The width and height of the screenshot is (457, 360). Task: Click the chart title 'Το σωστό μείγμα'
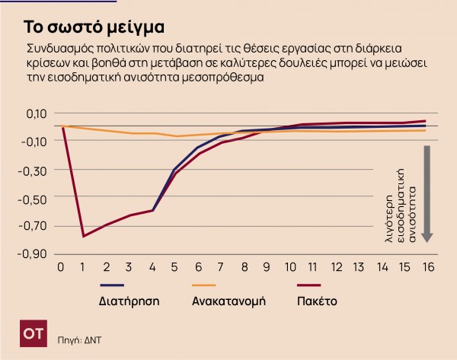93,28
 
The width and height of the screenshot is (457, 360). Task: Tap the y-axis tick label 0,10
35,113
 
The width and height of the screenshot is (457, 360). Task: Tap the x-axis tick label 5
175,268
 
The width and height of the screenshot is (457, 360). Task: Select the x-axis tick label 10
289,268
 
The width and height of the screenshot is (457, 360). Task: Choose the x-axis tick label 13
358,268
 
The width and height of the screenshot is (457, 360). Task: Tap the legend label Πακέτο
316,301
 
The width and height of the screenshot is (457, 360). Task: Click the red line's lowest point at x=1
84,236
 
